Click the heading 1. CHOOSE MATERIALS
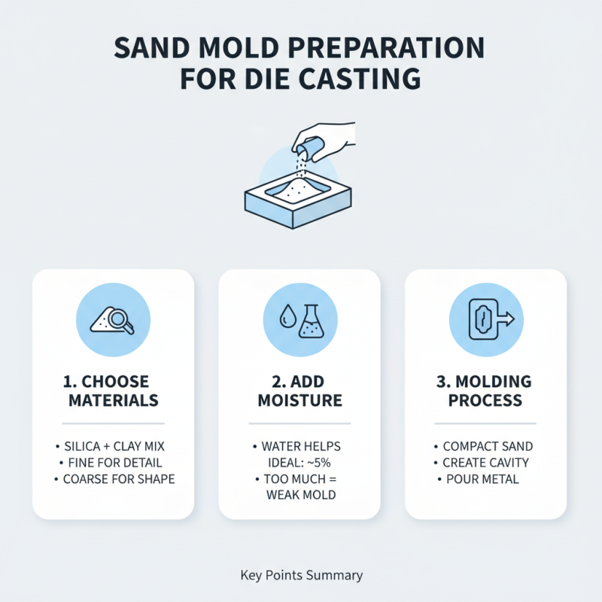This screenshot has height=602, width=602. pos(114,390)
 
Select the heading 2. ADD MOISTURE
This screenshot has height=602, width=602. pos(300,390)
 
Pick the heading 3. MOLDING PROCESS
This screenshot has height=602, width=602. pos(486,390)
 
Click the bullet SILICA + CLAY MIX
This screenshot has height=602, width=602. pos(114,447)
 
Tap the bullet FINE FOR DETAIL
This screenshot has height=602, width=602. pos(114,463)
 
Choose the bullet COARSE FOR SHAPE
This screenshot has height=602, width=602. pos(114,479)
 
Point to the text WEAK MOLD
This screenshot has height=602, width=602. pos(301,495)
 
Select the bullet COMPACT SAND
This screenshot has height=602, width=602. pos(485,447)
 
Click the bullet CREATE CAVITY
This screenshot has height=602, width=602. pos(485,463)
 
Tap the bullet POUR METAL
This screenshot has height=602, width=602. pos(485,479)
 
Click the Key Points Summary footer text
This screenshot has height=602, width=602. pos(301,576)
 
